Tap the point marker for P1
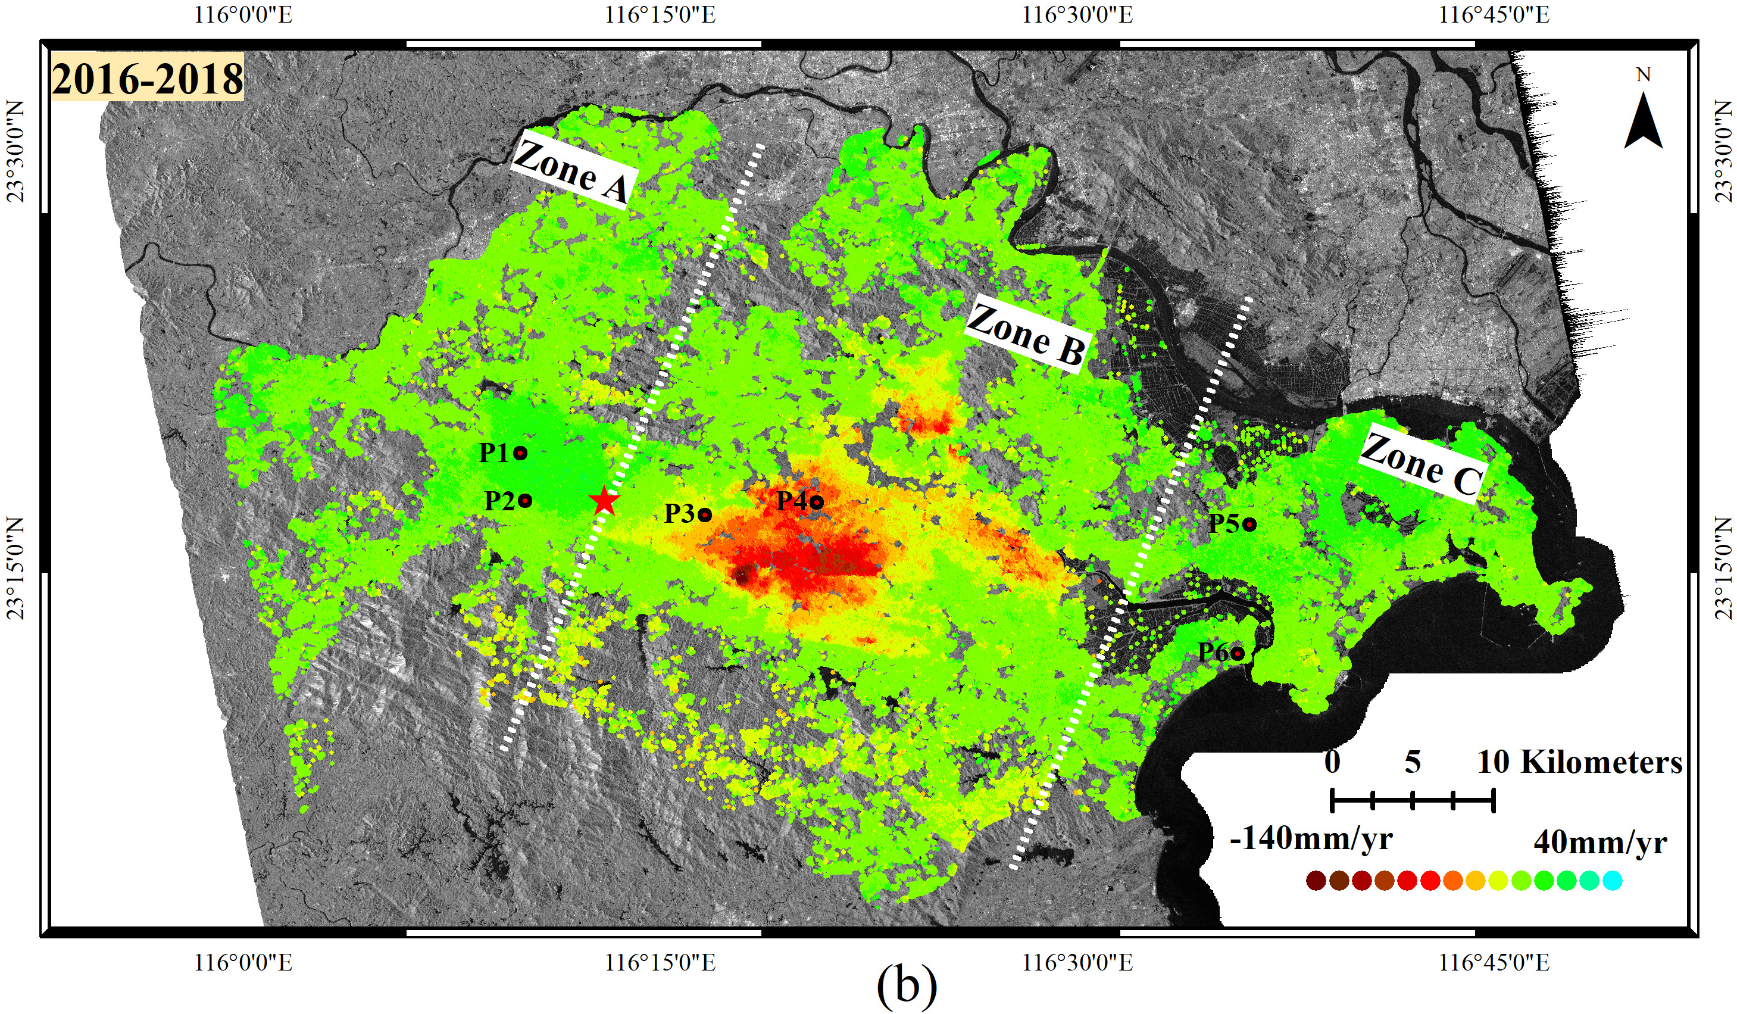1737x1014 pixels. [520, 453]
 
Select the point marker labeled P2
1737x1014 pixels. [525, 501]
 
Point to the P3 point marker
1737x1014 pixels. [704, 514]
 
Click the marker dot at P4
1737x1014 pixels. [817, 502]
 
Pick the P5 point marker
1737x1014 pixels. [1249, 525]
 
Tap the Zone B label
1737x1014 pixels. [1026, 335]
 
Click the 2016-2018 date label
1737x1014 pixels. [148, 79]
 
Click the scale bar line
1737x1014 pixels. [1413, 801]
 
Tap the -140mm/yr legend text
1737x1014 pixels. [1311, 839]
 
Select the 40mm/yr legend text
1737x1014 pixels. [1600, 843]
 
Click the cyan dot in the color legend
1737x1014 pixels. [1612, 880]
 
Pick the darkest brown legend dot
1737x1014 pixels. [1316, 880]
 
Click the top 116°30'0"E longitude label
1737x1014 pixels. [1077, 14]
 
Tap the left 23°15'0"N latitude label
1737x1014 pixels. [15, 568]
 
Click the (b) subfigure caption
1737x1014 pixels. [907, 987]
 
